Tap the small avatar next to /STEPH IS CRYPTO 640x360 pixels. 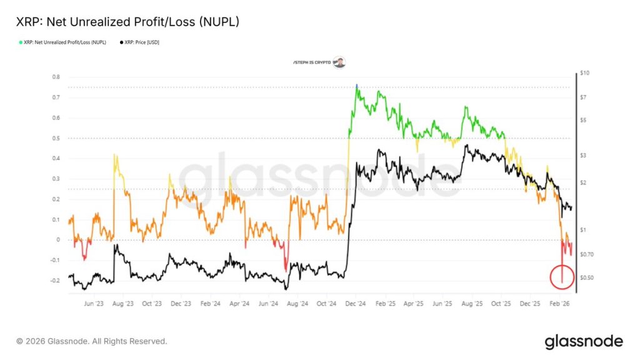tap(339, 62)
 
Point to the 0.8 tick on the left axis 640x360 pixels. tap(56, 77)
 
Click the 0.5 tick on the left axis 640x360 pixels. tap(56, 138)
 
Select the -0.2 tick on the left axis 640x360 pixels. tap(55, 281)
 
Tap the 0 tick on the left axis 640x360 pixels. tap(57, 240)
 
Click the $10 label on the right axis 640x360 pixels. tap(584, 73)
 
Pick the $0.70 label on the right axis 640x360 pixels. tap(586, 254)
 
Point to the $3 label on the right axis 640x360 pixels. tap(582, 155)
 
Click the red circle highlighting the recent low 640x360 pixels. tap(562, 277)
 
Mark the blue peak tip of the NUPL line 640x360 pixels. tap(356, 85)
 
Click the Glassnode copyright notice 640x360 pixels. tap(92, 341)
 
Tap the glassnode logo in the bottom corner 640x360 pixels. tap(584, 341)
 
